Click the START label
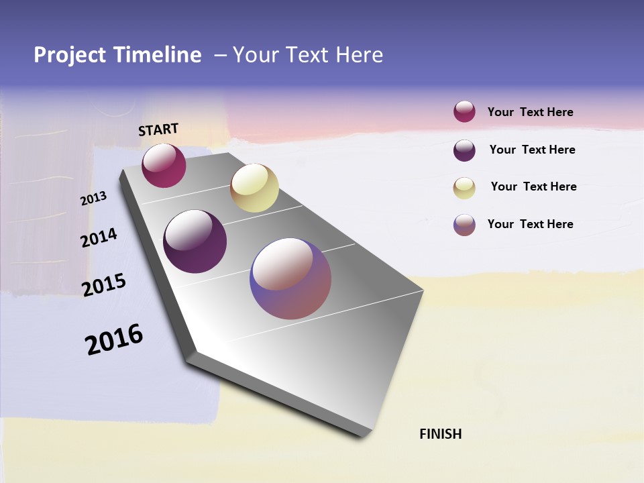click(158, 129)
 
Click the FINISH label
click(440, 434)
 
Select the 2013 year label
click(93, 199)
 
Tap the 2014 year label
click(99, 237)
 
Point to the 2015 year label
click(104, 285)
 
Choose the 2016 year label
click(114, 339)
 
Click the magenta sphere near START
click(164, 166)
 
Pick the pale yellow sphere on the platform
click(254, 188)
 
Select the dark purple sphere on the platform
click(195, 241)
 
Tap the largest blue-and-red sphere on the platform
click(290, 278)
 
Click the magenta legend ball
click(464, 111)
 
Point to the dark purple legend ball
click(464, 150)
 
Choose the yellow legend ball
click(464, 188)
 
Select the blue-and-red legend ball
click(464, 225)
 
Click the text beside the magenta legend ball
click(530, 112)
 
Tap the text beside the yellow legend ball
click(533, 186)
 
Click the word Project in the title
click(69, 55)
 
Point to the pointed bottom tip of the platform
click(366, 435)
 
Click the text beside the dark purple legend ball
click(532, 150)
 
